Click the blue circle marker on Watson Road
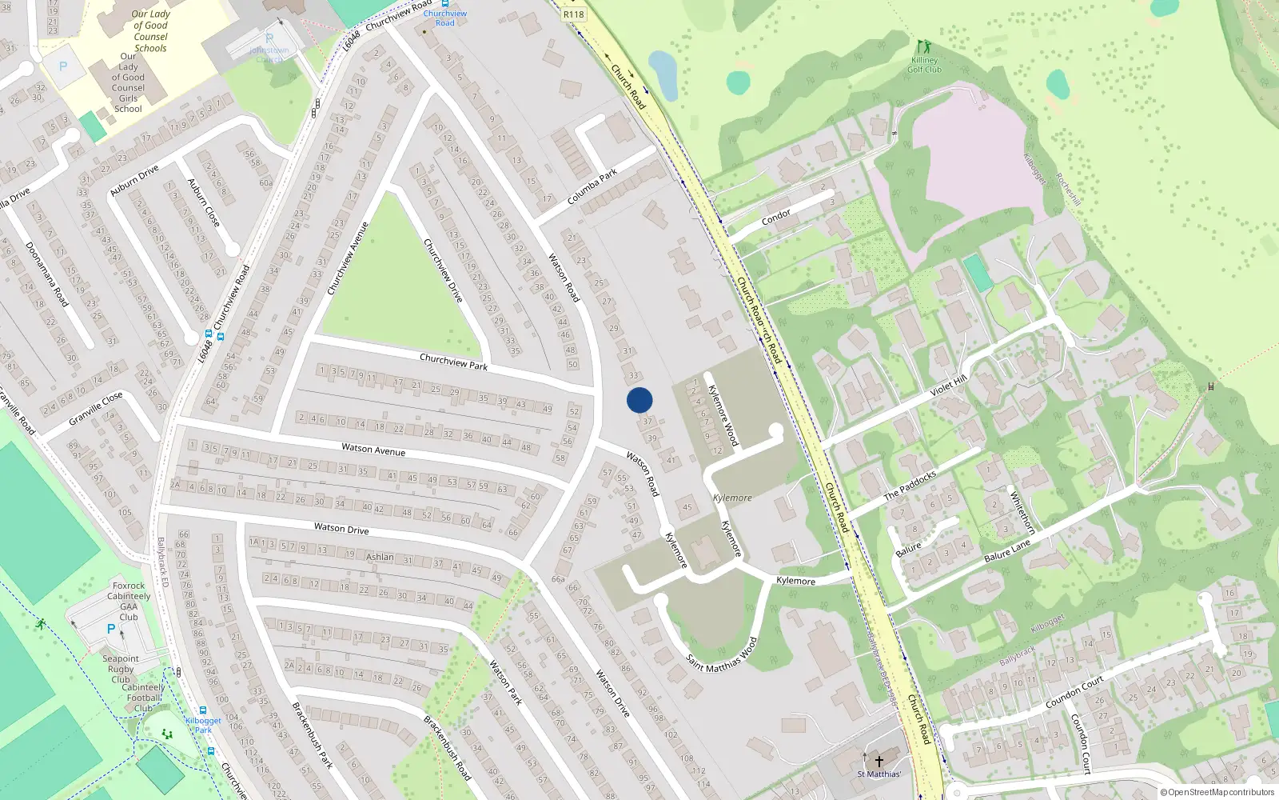pyautogui.click(x=639, y=400)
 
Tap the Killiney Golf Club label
pyautogui.click(x=924, y=65)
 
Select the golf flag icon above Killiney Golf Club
pyautogui.click(x=925, y=46)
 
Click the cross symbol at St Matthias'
pyautogui.click(x=879, y=761)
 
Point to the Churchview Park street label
pyautogui.click(x=453, y=362)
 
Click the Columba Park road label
pyautogui.click(x=592, y=186)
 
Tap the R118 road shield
pyautogui.click(x=573, y=14)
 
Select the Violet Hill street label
pyautogui.click(x=949, y=386)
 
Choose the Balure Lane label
pyautogui.click(x=1007, y=550)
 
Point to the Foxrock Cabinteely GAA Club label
pyautogui.click(x=129, y=601)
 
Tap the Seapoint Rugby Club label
pyautogui.click(x=121, y=669)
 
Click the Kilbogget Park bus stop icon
pyautogui.click(x=204, y=710)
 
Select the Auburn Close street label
pyautogui.click(x=203, y=201)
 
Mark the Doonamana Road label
pyautogui.click(x=47, y=274)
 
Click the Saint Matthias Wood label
pyautogui.click(x=721, y=655)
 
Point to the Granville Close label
pyautogui.click(x=96, y=408)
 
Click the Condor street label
pyautogui.click(x=776, y=215)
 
